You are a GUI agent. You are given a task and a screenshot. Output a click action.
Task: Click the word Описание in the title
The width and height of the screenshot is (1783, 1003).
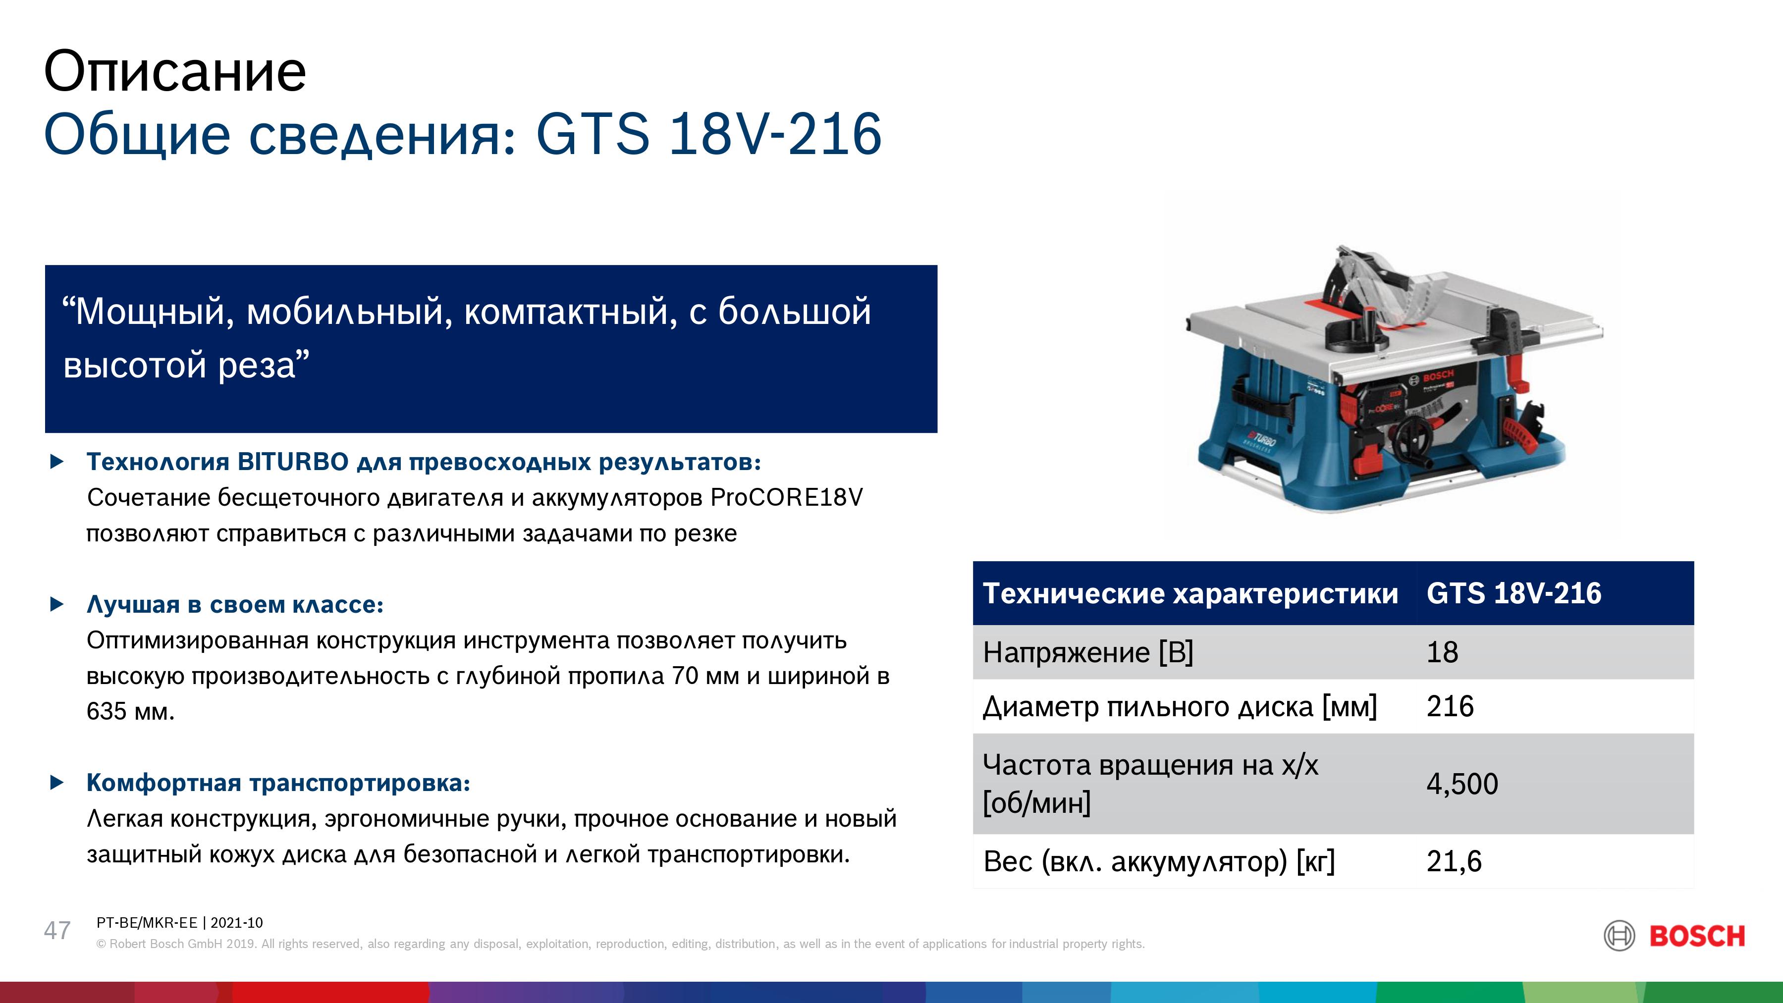coord(175,72)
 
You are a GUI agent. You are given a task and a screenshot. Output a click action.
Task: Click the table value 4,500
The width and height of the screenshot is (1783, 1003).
coord(1462,784)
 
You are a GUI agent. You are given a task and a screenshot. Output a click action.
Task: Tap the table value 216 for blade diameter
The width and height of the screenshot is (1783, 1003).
coord(1450,706)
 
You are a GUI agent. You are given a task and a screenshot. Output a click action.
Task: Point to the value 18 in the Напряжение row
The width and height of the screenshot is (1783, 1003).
coord(1443,652)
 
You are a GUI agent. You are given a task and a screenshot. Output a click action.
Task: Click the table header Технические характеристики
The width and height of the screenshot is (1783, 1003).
coord(1190,594)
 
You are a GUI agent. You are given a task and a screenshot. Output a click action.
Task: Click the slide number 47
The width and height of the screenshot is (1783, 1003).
coord(57,930)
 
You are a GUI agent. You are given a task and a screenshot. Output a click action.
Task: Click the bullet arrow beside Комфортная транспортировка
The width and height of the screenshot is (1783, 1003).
coord(57,783)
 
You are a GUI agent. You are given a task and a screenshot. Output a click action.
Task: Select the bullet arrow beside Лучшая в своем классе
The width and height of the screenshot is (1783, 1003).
coord(57,604)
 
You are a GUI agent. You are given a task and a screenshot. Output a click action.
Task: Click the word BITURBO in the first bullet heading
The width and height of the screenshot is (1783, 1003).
coord(293,462)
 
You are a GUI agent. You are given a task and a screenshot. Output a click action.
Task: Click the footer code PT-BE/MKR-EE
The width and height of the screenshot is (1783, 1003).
coord(147,923)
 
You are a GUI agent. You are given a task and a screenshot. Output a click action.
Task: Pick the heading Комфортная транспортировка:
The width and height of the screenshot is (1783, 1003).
coord(278,783)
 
